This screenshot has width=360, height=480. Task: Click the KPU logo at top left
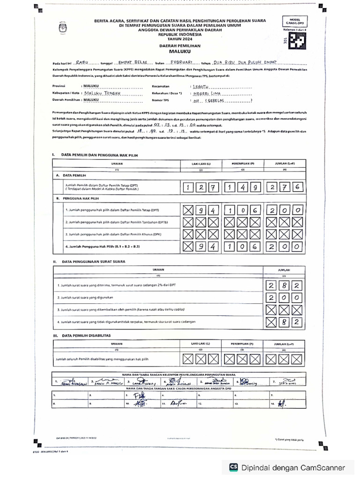pyautogui.click(x=63, y=26)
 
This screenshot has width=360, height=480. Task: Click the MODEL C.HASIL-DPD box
pyautogui.click(x=293, y=22)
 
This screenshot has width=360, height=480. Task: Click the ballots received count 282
pyautogui.click(x=284, y=285)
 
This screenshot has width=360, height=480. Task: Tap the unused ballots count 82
pyautogui.click(x=284, y=322)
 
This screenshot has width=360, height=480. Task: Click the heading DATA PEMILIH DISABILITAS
pyautogui.click(x=86, y=336)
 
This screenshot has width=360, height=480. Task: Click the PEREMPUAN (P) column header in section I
pyautogui.click(x=242, y=163)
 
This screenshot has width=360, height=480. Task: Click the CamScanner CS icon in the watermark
pyautogui.click(x=233, y=467)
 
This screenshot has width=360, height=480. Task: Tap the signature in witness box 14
pyautogui.click(x=281, y=403)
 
